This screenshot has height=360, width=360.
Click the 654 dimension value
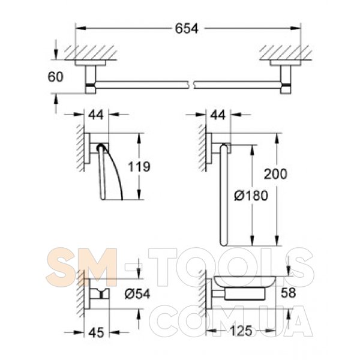[x=187, y=29]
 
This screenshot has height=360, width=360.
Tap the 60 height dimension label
[x=55, y=77]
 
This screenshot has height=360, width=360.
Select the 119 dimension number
[x=139, y=166]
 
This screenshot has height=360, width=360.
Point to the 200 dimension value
[x=275, y=174]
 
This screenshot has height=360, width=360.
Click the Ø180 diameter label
[x=251, y=196]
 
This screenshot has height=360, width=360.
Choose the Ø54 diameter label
[x=137, y=294]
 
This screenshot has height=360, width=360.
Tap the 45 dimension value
[x=97, y=332]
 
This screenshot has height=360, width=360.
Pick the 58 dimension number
[x=289, y=293]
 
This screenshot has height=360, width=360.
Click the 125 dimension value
[x=241, y=331]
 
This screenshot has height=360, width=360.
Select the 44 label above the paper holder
[x=96, y=115]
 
